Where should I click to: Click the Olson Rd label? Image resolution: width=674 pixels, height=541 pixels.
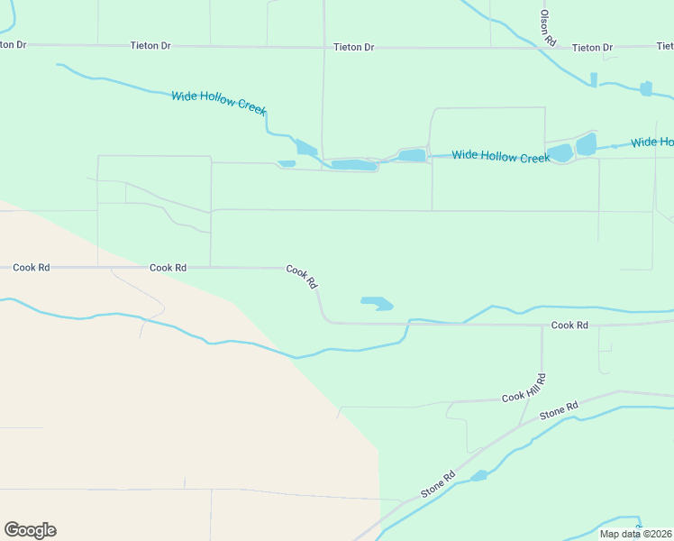point(545,28)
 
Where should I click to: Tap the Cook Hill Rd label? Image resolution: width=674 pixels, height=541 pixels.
point(524,388)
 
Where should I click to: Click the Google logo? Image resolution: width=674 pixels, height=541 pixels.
point(30,530)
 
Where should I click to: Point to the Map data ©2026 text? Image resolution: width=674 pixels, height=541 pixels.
point(636,534)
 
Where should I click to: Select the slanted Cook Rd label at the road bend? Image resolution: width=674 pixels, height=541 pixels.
point(302,276)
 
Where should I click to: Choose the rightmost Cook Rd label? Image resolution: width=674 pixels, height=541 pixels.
point(569,325)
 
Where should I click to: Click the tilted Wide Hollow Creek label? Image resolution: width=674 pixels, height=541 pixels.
point(219,102)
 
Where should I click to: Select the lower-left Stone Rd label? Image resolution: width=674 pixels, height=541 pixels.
point(438,485)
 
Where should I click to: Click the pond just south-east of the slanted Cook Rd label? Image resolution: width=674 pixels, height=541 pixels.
point(377,303)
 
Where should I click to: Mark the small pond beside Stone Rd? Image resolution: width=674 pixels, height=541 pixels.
point(478,475)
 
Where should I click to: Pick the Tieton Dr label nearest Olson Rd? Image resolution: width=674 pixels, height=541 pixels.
point(592,47)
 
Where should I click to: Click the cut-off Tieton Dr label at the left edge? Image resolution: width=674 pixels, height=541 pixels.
point(13,43)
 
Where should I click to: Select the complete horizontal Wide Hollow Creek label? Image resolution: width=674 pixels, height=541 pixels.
point(500,157)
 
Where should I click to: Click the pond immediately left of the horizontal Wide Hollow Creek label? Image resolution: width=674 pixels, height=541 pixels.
point(412,155)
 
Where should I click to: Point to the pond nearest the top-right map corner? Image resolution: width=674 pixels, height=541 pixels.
point(645,88)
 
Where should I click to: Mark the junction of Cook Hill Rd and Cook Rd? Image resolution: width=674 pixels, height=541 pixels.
point(542,325)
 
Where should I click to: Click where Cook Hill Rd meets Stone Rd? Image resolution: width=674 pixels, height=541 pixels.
point(522,426)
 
